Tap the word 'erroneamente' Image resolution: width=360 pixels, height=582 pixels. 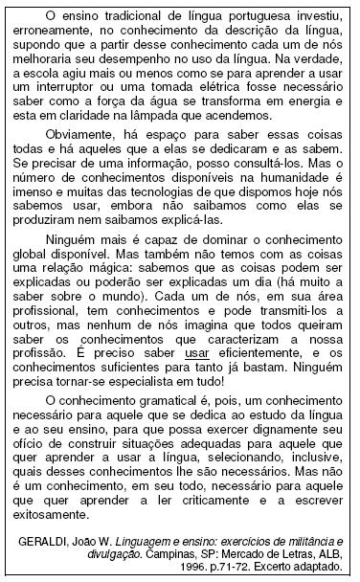pos(54,30)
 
